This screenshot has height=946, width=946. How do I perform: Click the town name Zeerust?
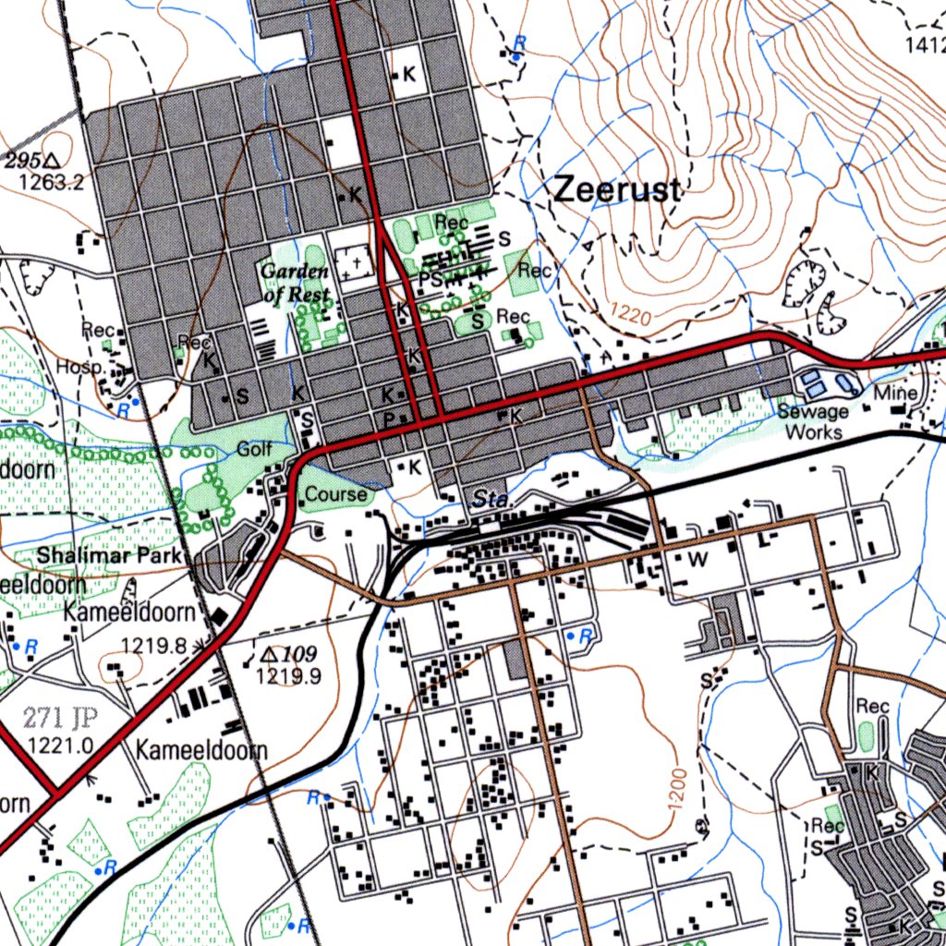pos(617,190)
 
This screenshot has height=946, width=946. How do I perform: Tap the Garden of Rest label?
pos(295,284)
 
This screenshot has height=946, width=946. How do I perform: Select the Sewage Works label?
pos(813,421)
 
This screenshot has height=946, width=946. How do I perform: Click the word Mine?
pos(895,394)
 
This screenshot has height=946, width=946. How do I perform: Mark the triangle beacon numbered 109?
pos(269,654)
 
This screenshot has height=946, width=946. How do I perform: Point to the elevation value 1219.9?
pos(288,676)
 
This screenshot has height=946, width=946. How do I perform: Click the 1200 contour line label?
pos(676,791)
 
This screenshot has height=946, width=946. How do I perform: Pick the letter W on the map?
pos(697,559)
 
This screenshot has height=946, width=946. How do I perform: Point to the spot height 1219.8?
pos(153,646)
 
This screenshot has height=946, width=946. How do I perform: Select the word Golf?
pos(255,450)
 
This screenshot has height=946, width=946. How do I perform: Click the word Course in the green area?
pos(336,495)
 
